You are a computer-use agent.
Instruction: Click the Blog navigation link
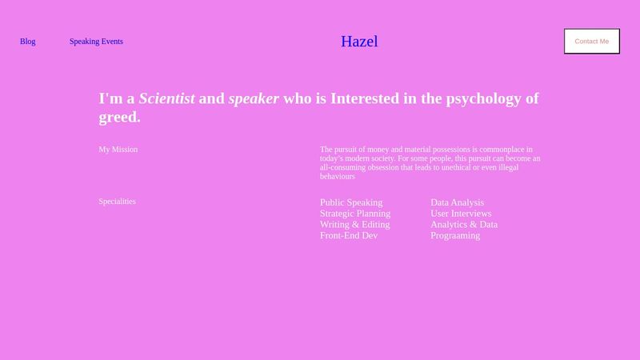tap(27, 42)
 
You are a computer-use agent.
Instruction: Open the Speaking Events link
tap(96, 42)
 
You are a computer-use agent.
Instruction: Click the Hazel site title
tap(358, 42)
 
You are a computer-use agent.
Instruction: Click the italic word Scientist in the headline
tap(166, 99)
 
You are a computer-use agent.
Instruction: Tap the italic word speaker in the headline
tap(254, 99)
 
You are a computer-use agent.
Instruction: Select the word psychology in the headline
tap(473, 99)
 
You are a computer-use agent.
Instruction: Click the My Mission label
tap(118, 150)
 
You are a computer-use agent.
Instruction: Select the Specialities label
tap(117, 202)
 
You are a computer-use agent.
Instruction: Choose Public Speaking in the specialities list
tap(350, 202)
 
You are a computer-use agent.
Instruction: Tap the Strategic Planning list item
tap(354, 214)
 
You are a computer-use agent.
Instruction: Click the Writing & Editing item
tap(354, 225)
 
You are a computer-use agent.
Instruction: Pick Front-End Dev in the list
tap(348, 236)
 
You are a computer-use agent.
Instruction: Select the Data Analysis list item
tap(457, 202)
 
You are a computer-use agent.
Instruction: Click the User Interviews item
tap(461, 214)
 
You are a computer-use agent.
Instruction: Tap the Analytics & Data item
tap(463, 225)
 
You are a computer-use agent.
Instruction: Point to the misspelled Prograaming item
tap(454, 236)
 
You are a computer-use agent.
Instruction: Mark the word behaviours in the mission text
tap(337, 176)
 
